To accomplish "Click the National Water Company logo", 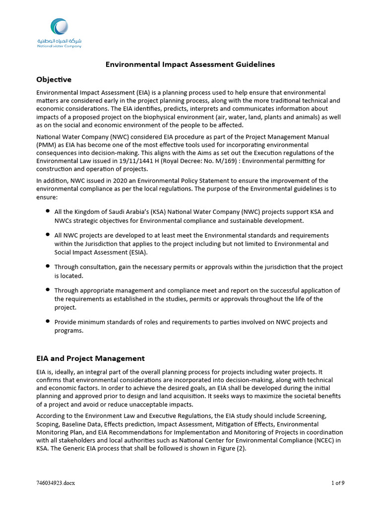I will pos(59,33).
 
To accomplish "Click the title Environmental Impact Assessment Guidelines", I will pos(190,64).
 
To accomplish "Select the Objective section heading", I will pos(54,79).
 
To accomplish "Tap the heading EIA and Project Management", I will pos(90,358).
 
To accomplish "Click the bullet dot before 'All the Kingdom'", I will pos(47,211).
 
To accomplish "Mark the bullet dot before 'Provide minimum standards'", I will pos(47,321).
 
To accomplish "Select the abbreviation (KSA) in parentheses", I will pos(151,212).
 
